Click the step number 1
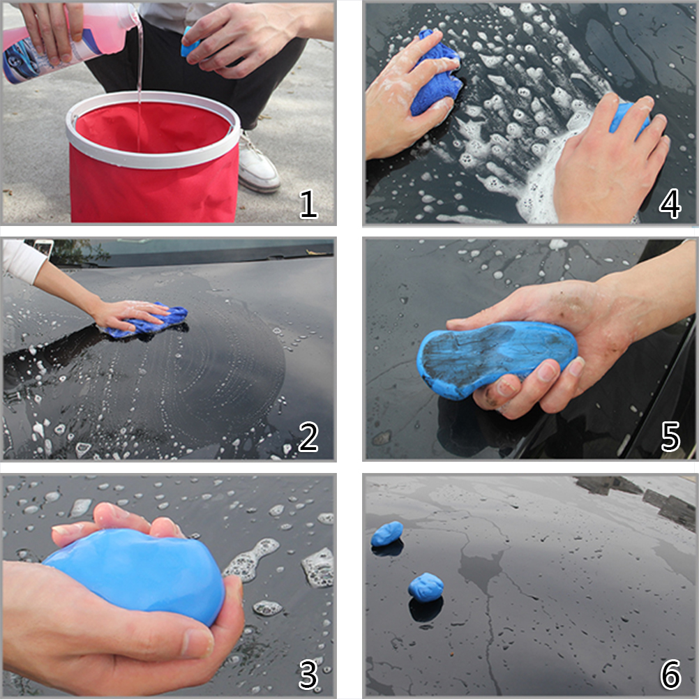308,204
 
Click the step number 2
308,437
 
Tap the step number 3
308,675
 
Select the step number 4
670,204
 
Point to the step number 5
670,437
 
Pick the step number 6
670,674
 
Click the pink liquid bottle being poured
67,43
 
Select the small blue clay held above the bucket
188,43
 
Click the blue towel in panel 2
151,319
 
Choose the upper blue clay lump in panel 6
387,534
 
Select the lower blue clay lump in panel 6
426,587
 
